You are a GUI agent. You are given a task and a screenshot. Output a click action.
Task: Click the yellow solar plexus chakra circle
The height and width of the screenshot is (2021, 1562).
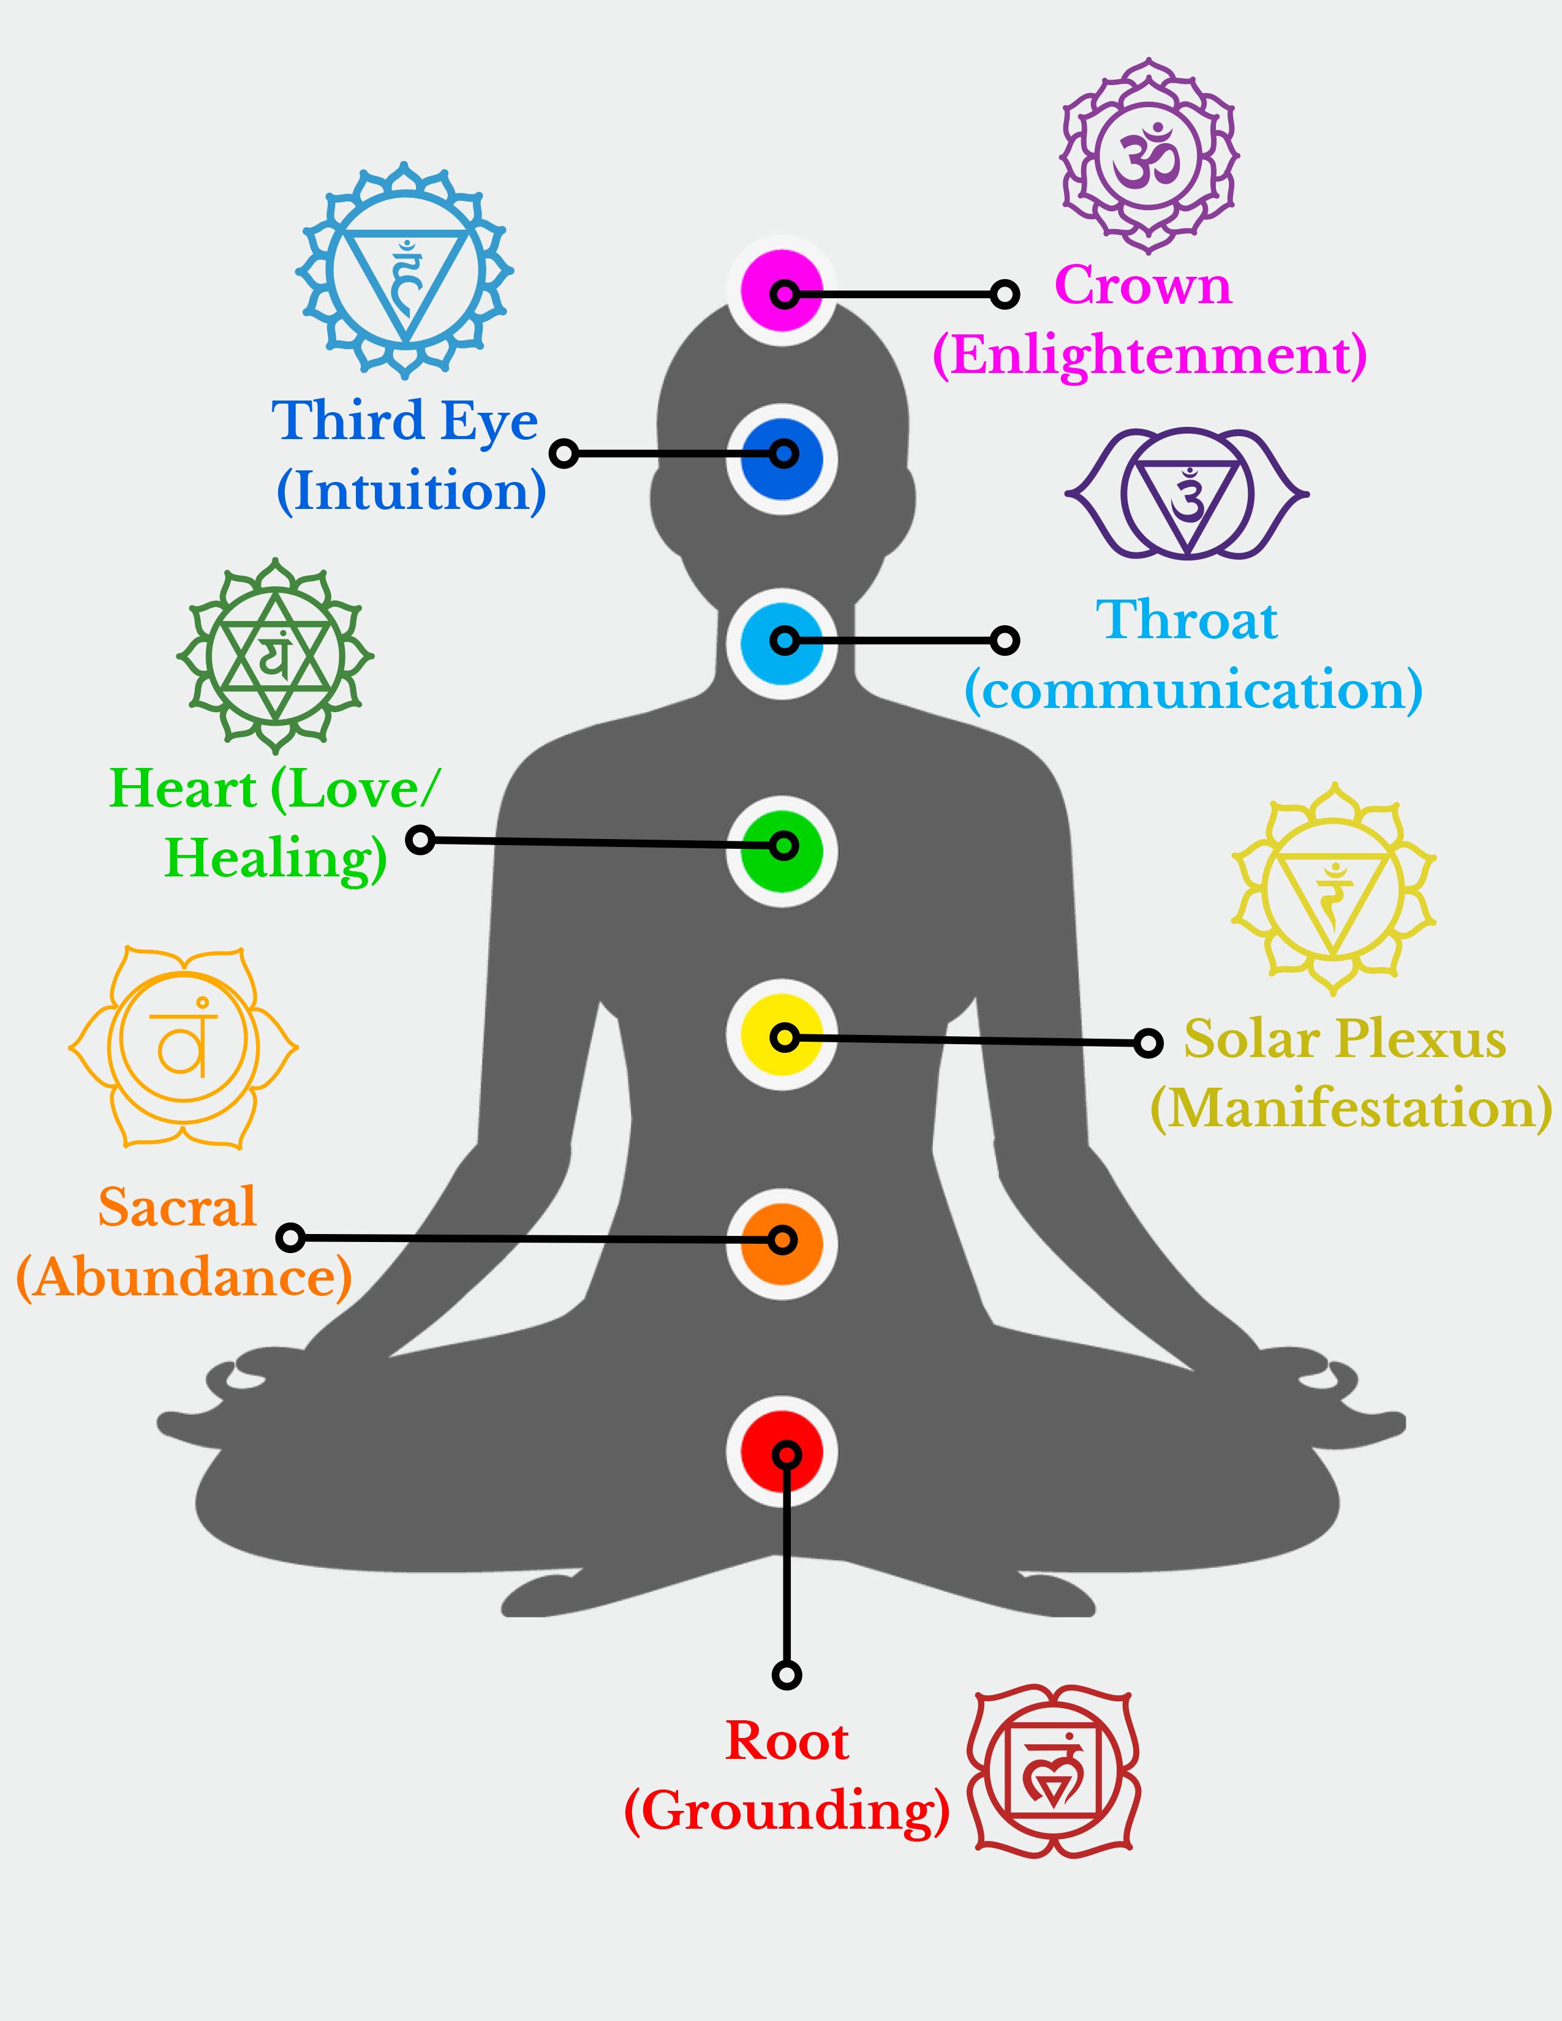782,1036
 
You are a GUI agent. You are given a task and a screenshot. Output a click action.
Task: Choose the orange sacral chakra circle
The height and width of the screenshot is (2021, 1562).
782,1243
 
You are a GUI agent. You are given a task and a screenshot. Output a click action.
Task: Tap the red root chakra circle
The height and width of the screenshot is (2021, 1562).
782,1452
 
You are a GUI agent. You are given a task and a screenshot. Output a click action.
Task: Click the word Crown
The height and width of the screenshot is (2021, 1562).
1143,285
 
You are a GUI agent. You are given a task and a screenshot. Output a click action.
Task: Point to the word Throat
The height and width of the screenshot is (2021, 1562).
1187,620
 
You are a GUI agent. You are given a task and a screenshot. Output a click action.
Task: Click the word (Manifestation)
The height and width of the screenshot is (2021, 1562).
1351,1108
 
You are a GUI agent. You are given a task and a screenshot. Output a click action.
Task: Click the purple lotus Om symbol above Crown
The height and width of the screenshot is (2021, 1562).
1149,156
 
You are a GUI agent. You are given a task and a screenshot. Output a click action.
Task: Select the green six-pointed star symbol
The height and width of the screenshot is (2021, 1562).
275,656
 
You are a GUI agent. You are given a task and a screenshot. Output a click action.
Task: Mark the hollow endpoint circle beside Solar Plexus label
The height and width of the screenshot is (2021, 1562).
1147,1043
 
